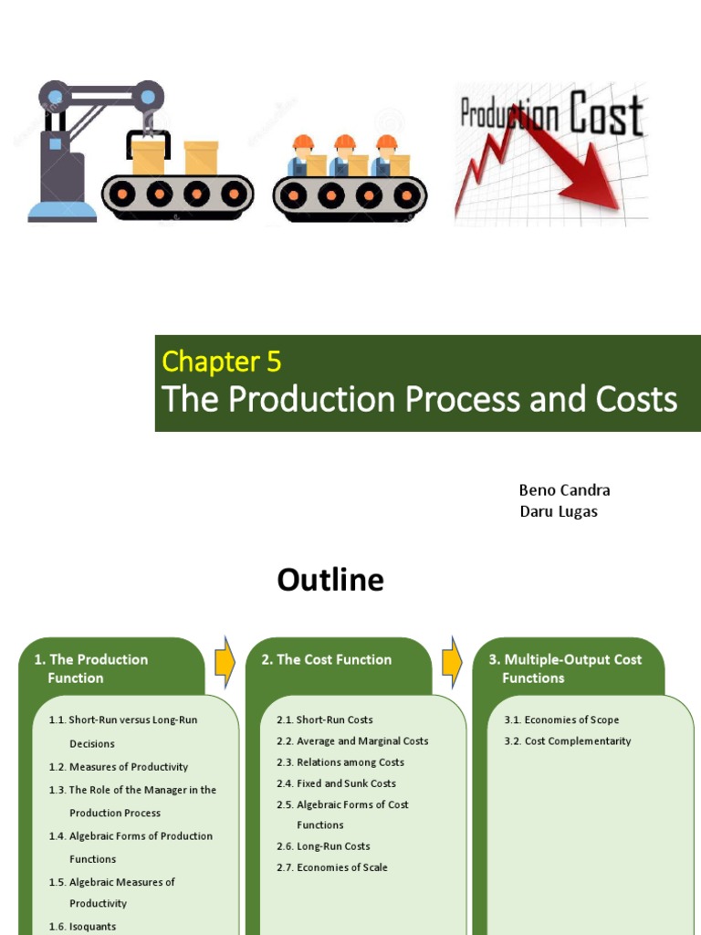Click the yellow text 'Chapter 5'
pyautogui.click(x=221, y=362)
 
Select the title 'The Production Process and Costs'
pyautogui.click(x=419, y=400)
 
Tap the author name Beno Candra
pyautogui.click(x=564, y=490)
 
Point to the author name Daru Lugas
pyautogui.click(x=559, y=511)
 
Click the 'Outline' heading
pyautogui.click(x=330, y=581)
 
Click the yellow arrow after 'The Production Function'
pyautogui.click(x=225, y=662)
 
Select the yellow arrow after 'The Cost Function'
pyautogui.click(x=452, y=662)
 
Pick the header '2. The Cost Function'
pyautogui.click(x=326, y=659)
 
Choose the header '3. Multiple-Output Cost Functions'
pyautogui.click(x=564, y=668)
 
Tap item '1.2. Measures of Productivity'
pyautogui.click(x=119, y=767)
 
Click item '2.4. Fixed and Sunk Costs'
pyautogui.click(x=336, y=783)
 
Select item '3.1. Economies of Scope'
pyautogui.click(x=561, y=720)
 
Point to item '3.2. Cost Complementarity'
pyautogui.click(x=567, y=741)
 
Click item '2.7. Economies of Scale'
pyautogui.click(x=332, y=867)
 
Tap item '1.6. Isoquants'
pyautogui.click(x=82, y=927)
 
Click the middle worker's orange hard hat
pyautogui.click(x=344, y=142)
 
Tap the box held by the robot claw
pyautogui.click(x=148, y=157)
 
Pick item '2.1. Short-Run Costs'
pyautogui.click(x=325, y=720)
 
